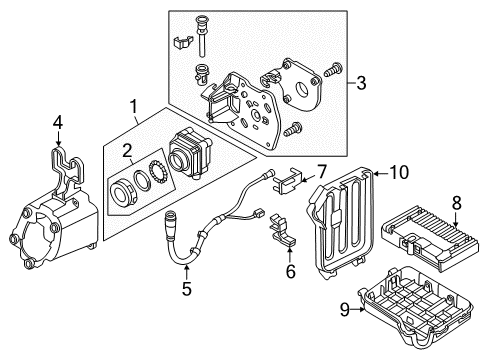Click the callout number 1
point(133,107)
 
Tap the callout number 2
point(127,152)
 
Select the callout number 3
point(361,83)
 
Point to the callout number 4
point(58,124)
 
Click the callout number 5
point(187,288)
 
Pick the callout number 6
point(291,271)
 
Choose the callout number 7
point(321,172)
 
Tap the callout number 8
point(456,203)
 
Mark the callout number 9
point(345,310)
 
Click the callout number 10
point(399,173)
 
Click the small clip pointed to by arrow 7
point(287,181)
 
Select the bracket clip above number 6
point(282,230)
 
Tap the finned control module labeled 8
point(430,238)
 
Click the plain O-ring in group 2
point(142,180)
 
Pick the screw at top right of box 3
point(333,69)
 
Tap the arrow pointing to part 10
point(381,173)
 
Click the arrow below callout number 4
point(59,139)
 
